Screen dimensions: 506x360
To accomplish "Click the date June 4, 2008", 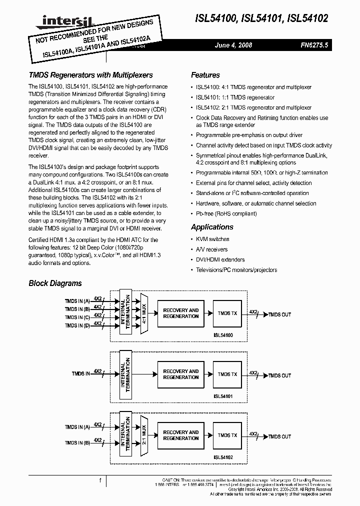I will point(233,45).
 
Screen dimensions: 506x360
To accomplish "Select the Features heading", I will point(205,75).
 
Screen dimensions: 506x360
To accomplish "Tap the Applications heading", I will point(212,227).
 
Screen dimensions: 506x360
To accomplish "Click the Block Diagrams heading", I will point(55,283).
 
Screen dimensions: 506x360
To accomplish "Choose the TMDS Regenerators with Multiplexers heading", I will point(90,75).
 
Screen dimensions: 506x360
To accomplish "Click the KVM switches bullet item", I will point(212,239).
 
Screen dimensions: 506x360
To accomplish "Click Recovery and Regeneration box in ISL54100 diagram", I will point(181,313).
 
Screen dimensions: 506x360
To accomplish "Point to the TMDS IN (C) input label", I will point(77,317).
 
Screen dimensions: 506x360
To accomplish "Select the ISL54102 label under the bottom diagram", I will point(223,457).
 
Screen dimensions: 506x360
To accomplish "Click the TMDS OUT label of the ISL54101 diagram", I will point(279,375).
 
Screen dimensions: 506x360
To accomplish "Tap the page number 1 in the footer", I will point(100,480).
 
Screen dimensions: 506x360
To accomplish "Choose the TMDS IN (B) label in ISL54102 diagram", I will point(77,442).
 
